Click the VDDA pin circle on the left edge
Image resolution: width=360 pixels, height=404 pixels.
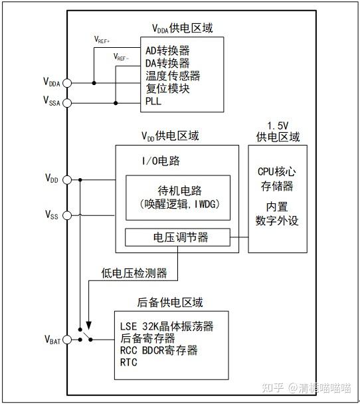[x=67, y=83]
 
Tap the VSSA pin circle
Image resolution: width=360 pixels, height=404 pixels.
[x=67, y=102]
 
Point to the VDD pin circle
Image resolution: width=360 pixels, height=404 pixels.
[x=67, y=179]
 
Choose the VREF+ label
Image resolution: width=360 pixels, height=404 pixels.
[x=104, y=39]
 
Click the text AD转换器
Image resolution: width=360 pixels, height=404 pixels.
[x=167, y=50]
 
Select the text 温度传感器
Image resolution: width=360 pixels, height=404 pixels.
[x=173, y=76]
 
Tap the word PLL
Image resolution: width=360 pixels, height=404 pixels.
[x=153, y=102]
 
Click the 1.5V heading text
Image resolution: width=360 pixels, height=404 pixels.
[x=278, y=126]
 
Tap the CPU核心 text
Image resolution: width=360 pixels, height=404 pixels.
[x=278, y=169]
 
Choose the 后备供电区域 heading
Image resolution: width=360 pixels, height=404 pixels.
[x=170, y=302]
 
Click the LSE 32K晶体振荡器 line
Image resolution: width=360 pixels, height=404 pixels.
[x=167, y=326]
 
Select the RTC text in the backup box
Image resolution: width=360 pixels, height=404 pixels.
[x=128, y=363]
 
